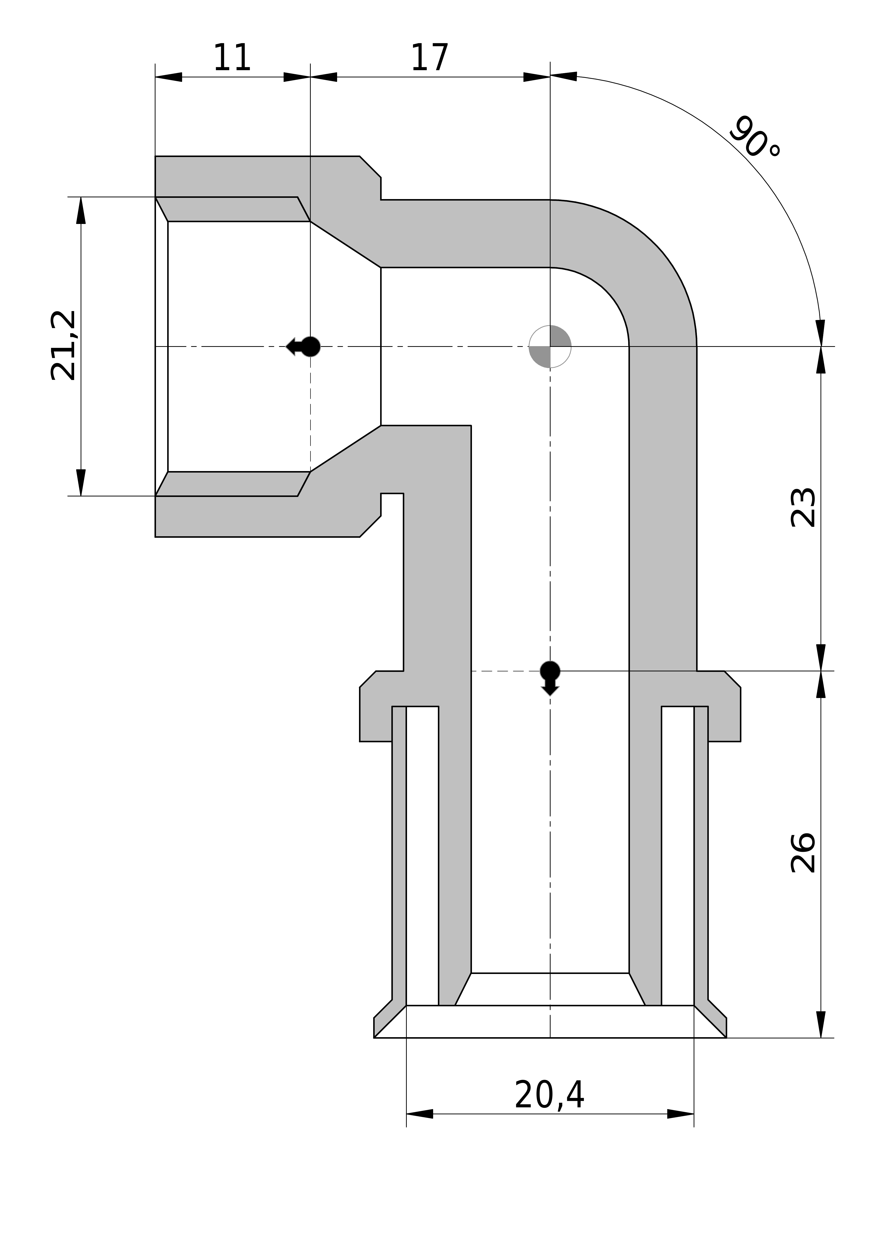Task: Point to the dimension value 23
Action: (803, 507)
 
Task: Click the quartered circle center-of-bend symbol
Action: (550, 346)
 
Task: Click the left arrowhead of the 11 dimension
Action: (168, 77)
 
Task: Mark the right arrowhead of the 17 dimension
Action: (537, 77)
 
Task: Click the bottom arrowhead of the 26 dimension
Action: (821, 1025)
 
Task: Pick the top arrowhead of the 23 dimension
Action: (821, 360)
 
